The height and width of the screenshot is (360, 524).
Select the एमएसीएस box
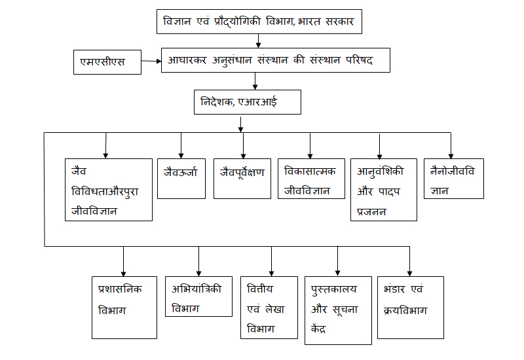point(107,62)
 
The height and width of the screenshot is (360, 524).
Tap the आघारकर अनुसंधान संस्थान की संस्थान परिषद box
point(276,60)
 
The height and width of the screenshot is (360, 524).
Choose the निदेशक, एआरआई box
point(248,103)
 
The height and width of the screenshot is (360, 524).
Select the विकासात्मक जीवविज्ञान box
point(310,178)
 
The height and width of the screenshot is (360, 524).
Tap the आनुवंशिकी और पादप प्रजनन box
point(384,189)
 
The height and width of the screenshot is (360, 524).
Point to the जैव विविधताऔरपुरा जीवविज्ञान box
point(109,189)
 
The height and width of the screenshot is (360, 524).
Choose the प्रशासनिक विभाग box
point(124,306)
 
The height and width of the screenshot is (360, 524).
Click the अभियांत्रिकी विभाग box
point(198,295)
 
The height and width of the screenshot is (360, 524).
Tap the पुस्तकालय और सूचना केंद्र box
point(337,311)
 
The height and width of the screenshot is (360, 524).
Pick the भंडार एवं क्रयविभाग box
point(411,306)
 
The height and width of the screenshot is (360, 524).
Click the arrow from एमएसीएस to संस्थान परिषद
point(152,62)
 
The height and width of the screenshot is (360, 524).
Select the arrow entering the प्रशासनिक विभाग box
point(124,262)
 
